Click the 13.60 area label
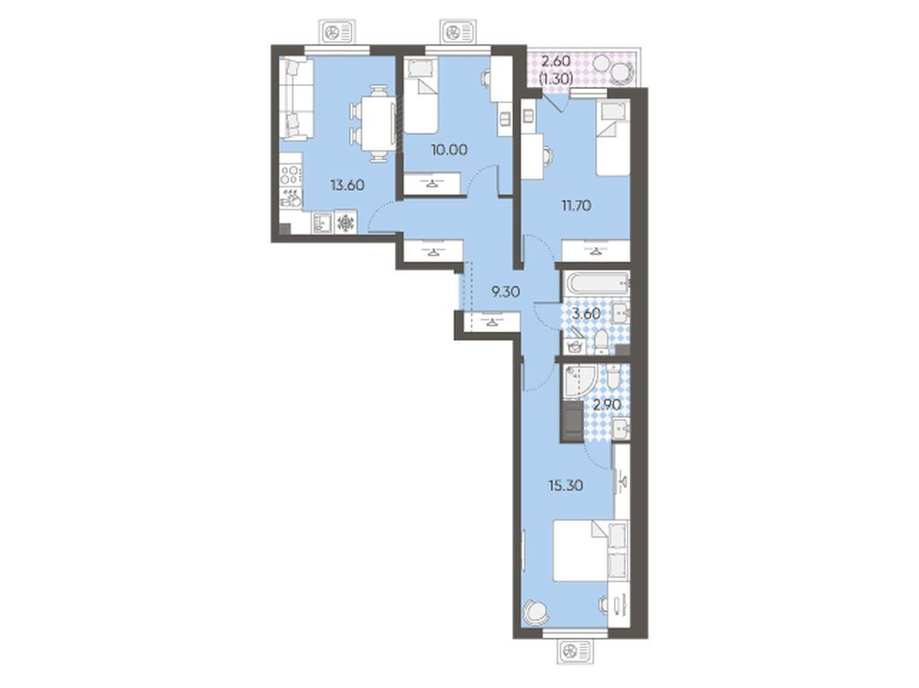click(x=347, y=186)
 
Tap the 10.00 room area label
click(x=449, y=150)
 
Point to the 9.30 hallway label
click(x=506, y=292)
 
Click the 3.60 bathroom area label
click(x=586, y=314)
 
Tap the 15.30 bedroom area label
click(x=565, y=485)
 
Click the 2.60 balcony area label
click(x=556, y=61)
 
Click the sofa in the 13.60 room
click(x=296, y=99)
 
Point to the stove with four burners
click(x=291, y=174)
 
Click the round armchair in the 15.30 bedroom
click(x=536, y=613)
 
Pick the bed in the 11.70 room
click(x=613, y=138)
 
